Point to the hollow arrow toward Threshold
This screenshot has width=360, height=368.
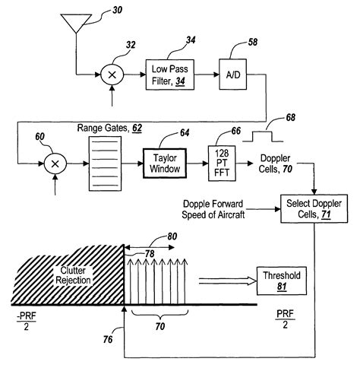[x=224, y=281]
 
